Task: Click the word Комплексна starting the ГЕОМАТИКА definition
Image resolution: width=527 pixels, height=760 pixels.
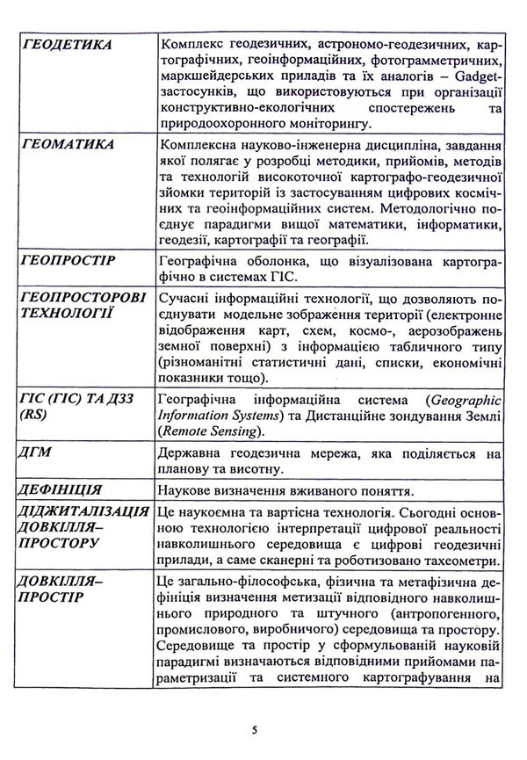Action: [193, 145]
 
